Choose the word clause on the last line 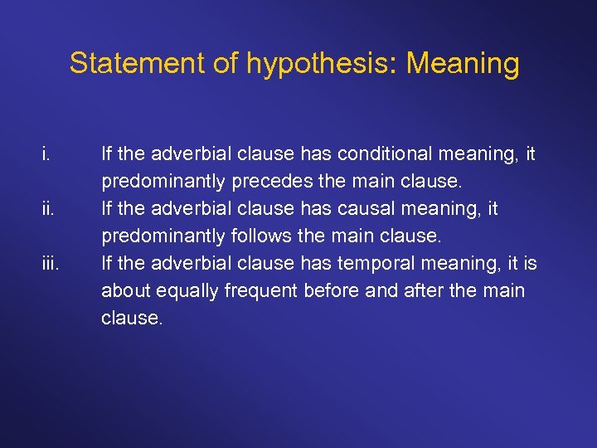pyautogui.click(x=129, y=319)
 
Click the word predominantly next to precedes pyautogui.click(x=161, y=181)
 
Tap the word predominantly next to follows pyautogui.click(x=161, y=236)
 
